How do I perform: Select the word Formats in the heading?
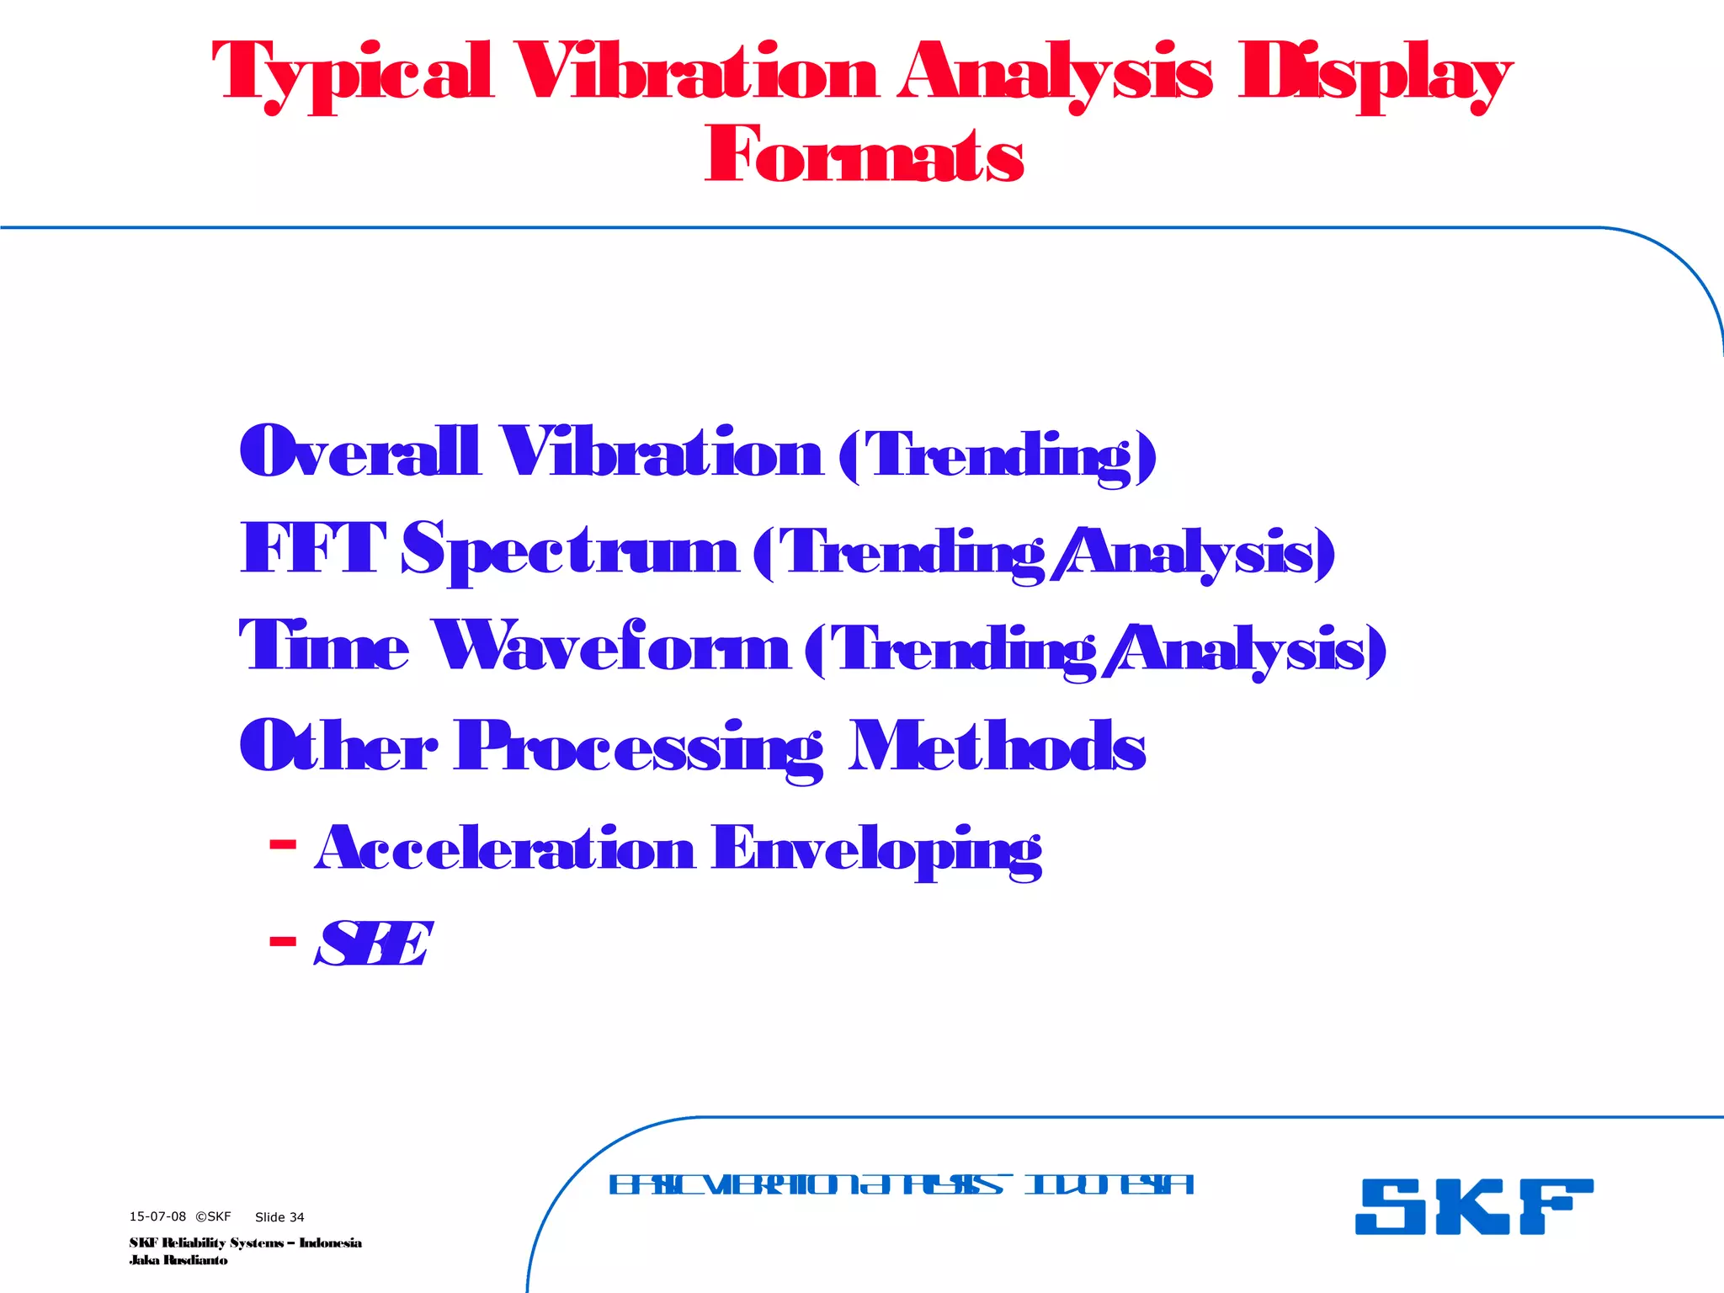[x=865, y=155]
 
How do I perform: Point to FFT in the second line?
[x=313, y=549]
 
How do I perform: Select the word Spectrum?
[x=570, y=551]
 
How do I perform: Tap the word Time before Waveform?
[x=324, y=646]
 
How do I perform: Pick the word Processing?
[x=639, y=748]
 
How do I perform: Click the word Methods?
[x=997, y=746]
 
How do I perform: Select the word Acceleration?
[x=505, y=849]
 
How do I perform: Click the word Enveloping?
[x=876, y=850]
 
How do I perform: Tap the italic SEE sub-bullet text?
[x=374, y=944]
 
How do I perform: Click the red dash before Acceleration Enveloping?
[x=283, y=843]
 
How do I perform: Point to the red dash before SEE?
[x=283, y=941]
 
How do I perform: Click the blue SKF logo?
[x=1473, y=1206]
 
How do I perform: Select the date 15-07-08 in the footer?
[x=157, y=1216]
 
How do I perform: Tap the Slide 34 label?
[x=279, y=1217]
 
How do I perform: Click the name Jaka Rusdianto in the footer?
[x=178, y=1260]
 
